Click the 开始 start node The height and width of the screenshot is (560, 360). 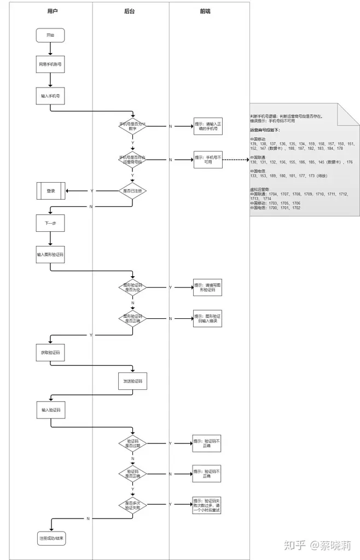tap(50, 36)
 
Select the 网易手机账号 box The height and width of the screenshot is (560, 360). tap(50, 65)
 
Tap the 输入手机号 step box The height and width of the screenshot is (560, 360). tap(50, 96)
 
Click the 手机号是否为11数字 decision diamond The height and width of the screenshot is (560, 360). tap(133, 126)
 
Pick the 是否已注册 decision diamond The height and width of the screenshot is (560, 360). tap(133, 190)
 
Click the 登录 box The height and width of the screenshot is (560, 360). tap(51, 191)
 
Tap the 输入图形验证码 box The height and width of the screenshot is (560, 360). tap(50, 255)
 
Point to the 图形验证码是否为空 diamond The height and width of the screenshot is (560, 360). tap(133, 287)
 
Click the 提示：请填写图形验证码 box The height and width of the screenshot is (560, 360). tap(207, 288)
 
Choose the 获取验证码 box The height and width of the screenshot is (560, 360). tap(50, 353)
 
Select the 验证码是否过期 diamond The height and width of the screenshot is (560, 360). tap(133, 443)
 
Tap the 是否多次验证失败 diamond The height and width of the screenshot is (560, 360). tap(133, 504)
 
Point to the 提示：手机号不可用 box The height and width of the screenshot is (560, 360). tap(207, 160)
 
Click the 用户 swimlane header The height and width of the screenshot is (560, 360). tap(51, 10)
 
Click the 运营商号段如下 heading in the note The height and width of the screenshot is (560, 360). tap(265, 130)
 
